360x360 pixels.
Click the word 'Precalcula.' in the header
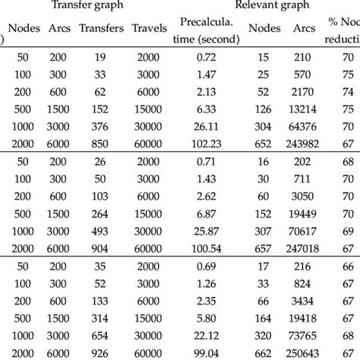coord(207,21)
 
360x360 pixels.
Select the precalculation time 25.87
coord(207,229)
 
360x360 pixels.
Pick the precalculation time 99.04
coord(207,351)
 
